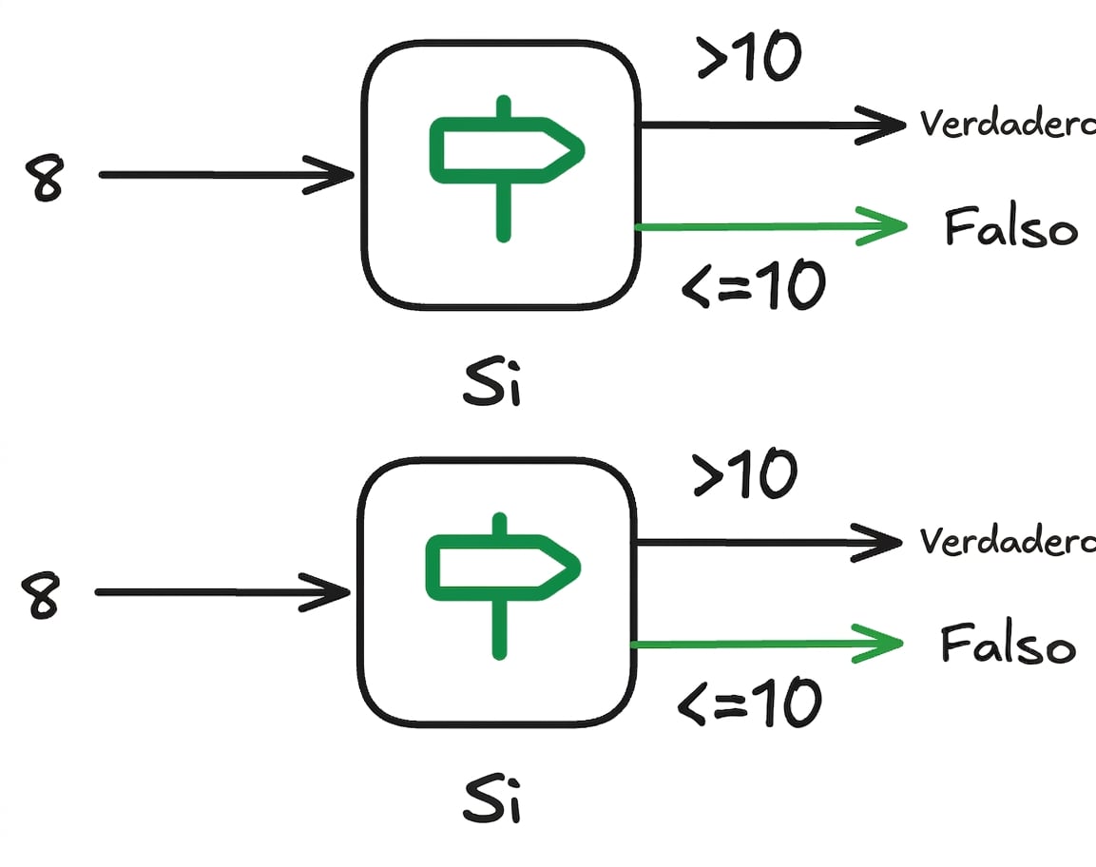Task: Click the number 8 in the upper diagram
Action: coord(45,179)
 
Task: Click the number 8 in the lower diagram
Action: coord(41,595)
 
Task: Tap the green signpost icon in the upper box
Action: coord(506,169)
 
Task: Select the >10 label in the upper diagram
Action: coord(749,56)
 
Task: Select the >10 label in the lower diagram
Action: coord(744,473)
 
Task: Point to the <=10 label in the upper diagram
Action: coord(754,284)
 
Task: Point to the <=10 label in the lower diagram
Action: coord(749,702)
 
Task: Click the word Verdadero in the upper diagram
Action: coord(1008,124)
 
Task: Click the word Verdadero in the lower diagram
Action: coord(1008,541)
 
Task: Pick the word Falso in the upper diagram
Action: coord(1010,226)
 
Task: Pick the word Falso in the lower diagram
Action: coord(1008,644)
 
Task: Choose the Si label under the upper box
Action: coord(492,382)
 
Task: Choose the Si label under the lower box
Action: coord(492,800)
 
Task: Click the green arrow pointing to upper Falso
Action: coord(771,226)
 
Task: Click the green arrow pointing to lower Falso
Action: coord(767,644)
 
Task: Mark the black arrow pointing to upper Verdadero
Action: coord(773,125)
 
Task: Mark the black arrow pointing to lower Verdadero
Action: coord(769,542)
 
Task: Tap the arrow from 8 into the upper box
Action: coord(226,175)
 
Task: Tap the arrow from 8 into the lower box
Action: coord(222,592)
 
